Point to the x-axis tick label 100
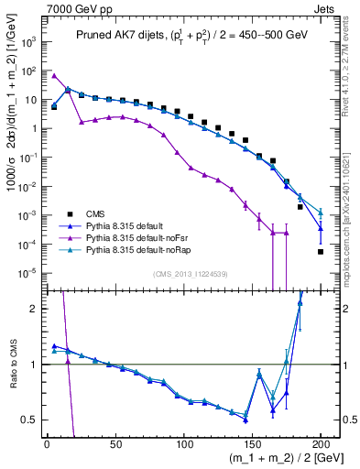[183, 444]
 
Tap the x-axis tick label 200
[321, 444]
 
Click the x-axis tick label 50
[115, 444]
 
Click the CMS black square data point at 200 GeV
[321, 251]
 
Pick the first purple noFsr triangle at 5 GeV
[55, 76]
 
